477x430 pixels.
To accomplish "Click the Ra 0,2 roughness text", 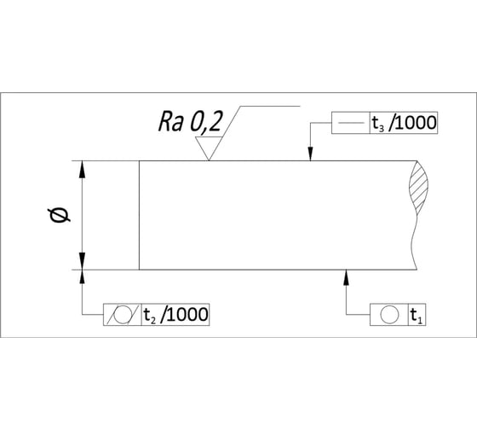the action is pos(190,122).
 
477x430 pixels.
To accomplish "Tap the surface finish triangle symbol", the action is pos(209,148).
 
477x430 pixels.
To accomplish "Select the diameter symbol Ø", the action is pos(59,215).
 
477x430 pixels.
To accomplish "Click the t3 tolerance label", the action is pos(378,123).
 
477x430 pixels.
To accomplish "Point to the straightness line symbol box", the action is pos(350,123).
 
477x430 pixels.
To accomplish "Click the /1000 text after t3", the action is pos(413,123).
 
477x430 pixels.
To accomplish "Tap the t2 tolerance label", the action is pos(150,315).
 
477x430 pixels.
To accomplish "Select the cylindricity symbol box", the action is pos(123,315).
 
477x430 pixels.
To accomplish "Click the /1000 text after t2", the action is pos(185,314).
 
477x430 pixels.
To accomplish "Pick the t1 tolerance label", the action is pos(417,316).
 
